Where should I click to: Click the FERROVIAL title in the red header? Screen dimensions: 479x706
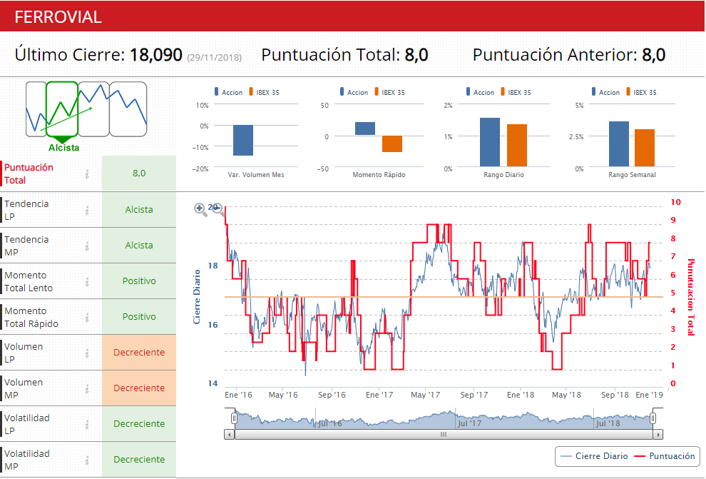pos(58,17)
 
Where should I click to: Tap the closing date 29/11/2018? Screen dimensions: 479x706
pos(214,57)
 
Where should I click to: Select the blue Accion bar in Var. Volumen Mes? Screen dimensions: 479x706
pos(243,140)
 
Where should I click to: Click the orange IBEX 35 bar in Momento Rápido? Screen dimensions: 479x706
pos(392,143)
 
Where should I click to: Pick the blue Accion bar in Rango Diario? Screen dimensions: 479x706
pos(490,143)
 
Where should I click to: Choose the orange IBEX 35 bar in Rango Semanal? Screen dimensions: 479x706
pos(645,148)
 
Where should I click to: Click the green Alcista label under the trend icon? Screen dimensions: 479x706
pos(64,148)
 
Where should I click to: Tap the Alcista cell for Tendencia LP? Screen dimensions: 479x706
pos(139,210)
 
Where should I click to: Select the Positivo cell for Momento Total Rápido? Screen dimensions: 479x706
pos(139,317)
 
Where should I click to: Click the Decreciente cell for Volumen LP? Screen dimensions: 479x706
pos(139,353)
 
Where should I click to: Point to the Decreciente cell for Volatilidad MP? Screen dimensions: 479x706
pos(139,460)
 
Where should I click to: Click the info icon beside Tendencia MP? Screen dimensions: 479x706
pos(87,246)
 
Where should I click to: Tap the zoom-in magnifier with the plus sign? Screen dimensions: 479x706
pos(200,208)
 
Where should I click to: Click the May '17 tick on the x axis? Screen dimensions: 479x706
pos(426,394)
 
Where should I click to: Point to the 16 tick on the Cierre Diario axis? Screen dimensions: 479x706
pos(213,325)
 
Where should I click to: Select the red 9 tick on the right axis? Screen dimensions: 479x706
pos(673,221)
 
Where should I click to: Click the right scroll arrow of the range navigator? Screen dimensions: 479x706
pos(658,434)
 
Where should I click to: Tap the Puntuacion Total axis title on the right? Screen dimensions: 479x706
pos(690,297)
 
